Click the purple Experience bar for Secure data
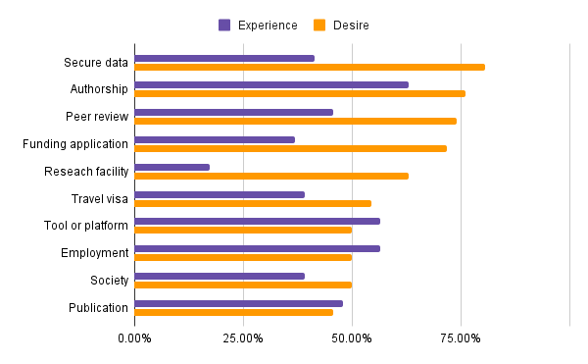click(x=224, y=58)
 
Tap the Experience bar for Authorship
click(x=271, y=84)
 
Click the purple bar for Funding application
click(x=215, y=139)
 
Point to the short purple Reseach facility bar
click(x=172, y=167)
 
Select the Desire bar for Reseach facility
click(x=271, y=176)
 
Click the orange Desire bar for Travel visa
click(x=253, y=203)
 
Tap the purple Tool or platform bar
click(x=257, y=221)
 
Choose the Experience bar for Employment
click(x=257, y=248)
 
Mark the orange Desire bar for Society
click(x=243, y=285)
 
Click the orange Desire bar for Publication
click(x=233, y=312)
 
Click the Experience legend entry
click(x=255, y=25)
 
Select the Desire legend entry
click(x=340, y=25)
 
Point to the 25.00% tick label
click(x=243, y=338)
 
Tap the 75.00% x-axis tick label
click(x=461, y=338)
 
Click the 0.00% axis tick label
click(x=134, y=338)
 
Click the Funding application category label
click(x=75, y=144)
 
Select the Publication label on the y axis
click(x=98, y=307)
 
